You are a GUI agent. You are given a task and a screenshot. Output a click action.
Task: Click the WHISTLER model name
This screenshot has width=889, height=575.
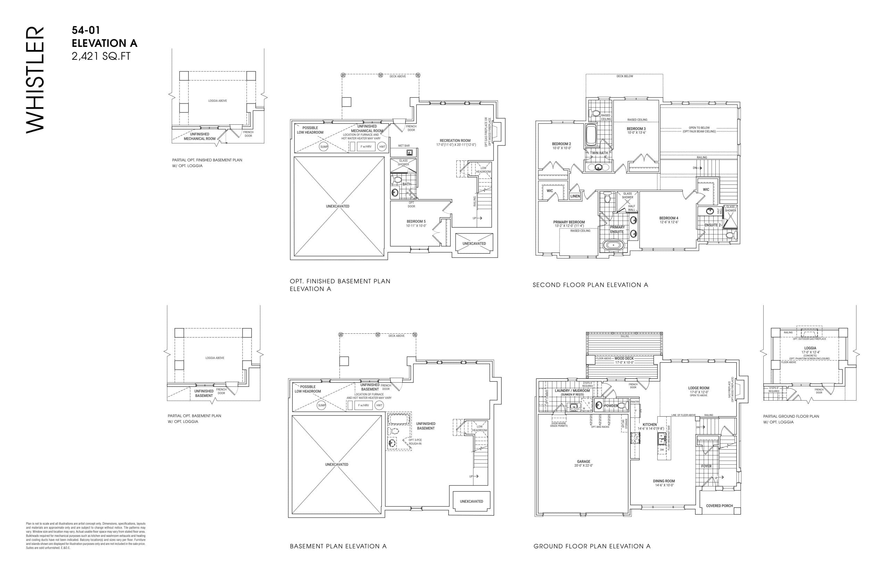35,80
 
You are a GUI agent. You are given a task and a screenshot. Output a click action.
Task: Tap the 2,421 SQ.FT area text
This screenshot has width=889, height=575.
101,56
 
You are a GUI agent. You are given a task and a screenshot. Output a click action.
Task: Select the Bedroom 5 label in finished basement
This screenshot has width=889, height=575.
416,222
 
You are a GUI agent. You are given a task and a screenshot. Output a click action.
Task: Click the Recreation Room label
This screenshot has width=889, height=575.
455,141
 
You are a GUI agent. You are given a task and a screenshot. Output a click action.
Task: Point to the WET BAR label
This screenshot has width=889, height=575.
403,146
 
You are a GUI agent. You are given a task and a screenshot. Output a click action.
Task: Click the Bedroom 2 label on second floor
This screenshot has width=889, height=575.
561,144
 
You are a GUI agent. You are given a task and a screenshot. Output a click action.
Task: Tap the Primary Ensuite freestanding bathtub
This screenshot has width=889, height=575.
613,245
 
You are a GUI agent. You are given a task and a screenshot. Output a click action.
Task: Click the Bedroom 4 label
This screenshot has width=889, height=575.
668,218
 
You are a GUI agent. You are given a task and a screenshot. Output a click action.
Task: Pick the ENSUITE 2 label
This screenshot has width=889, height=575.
712,225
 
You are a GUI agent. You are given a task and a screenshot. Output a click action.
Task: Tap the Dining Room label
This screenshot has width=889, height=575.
664,481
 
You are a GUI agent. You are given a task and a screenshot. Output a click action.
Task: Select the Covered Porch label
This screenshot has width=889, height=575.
719,506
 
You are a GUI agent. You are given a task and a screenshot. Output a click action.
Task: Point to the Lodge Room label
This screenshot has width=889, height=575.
699,388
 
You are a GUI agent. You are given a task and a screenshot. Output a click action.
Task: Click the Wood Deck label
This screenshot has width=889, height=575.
624,358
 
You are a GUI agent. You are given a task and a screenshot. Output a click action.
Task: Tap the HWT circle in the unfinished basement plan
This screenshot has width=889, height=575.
379,405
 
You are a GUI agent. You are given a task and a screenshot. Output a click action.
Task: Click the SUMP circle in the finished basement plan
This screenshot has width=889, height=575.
324,147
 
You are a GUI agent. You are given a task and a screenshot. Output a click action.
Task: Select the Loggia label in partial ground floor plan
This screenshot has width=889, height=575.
810,348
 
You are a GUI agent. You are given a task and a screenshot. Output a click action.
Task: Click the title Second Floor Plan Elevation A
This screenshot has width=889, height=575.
590,285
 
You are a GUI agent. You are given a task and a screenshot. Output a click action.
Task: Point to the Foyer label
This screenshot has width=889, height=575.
706,466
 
